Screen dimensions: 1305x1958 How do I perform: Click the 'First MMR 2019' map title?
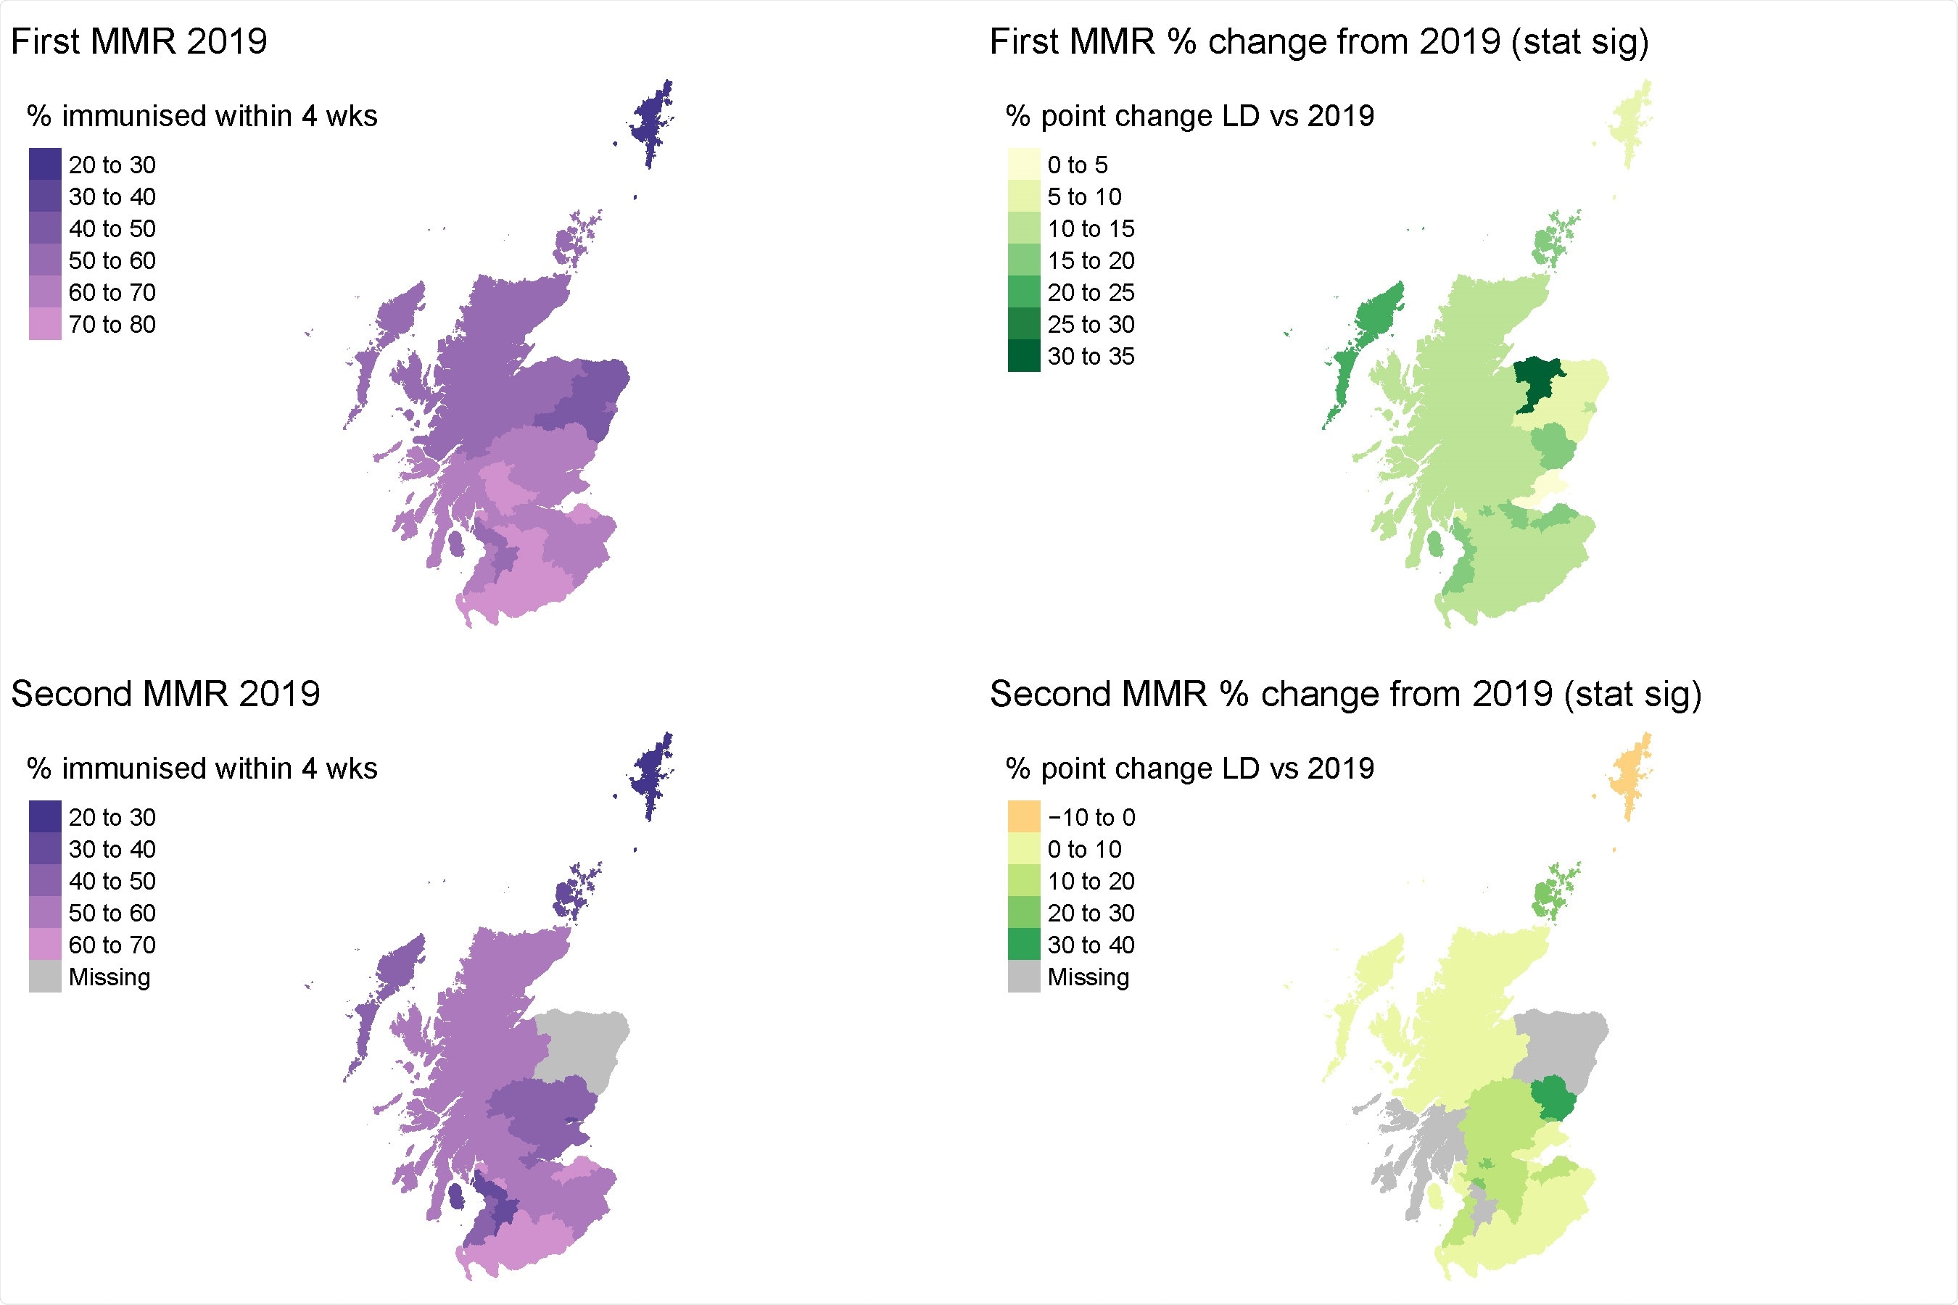tap(139, 41)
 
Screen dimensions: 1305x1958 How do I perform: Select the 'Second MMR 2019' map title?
tap(165, 694)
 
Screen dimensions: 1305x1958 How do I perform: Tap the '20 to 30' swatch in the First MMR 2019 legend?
tap(45, 164)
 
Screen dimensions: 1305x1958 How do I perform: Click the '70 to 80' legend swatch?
tap(45, 324)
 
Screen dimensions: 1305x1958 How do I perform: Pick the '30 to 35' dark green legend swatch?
tap(1023, 356)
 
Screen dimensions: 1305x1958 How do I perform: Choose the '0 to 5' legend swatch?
tap(1023, 164)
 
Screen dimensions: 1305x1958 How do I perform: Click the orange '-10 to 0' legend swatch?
tap(1023, 816)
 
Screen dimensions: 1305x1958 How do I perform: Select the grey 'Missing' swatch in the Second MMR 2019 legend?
tap(45, 977)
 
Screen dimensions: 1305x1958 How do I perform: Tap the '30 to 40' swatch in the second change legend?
tap(1023, 945)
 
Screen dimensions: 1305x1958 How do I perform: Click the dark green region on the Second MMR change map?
tap(1553, 1098)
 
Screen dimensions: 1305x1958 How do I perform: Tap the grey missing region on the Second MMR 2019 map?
tap(583, 1045)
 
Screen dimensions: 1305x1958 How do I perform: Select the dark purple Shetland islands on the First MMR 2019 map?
tap(652, 120)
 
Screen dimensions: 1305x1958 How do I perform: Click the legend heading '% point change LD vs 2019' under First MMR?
tap(1189, 116)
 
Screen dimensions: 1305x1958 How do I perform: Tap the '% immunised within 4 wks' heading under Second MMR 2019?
tap(202, 768)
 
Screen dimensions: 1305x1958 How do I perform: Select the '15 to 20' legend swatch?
tap(1023, 260)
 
